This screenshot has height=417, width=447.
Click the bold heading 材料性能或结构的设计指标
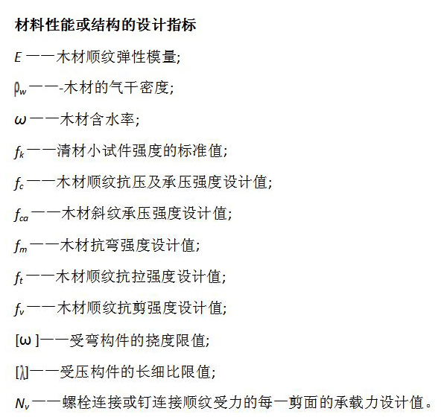click(x=106, y=25)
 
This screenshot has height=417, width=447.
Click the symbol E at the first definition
click(x=18, y=57)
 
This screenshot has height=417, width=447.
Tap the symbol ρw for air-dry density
click(x=20, y=89)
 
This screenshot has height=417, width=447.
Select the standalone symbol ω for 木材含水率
click(x=20, y=120)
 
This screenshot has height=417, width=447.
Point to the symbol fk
click(x=19, y=152)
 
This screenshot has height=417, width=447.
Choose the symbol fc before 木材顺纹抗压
click(x=19, y=183)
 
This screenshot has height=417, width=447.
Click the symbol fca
click(x=22, y=214)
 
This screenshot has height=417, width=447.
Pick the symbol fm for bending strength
click(x=21, y=246)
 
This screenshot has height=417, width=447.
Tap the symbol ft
click(x=19, y=278)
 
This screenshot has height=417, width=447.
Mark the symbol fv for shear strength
click(x=19, y=309)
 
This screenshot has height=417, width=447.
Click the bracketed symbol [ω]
click(x=27, y=340)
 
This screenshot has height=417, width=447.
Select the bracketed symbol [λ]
click(x=22, y=372)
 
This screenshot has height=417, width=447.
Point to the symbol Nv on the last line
click(x=22, y=404)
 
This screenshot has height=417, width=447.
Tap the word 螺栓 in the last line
click(x=77, y=403)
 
